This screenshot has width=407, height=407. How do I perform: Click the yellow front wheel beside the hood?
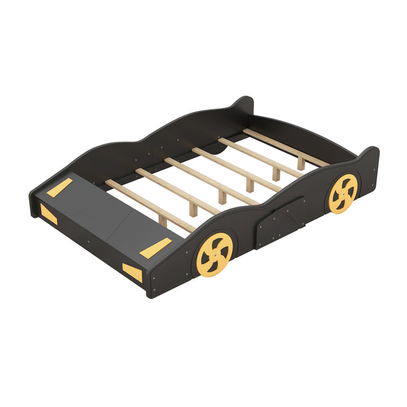(214, 254)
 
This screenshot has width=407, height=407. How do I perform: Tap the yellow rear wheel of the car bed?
(342, 193)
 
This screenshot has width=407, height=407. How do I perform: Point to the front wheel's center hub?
(214, 254)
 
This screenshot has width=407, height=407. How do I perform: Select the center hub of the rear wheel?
(342, 193)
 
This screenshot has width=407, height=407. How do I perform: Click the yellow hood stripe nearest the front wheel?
(155, 248)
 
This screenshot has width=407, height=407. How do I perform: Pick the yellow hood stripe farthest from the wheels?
(59, 188)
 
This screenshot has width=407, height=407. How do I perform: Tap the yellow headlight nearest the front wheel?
(133, 273)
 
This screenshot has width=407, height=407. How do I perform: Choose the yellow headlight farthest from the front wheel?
(47, 214)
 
